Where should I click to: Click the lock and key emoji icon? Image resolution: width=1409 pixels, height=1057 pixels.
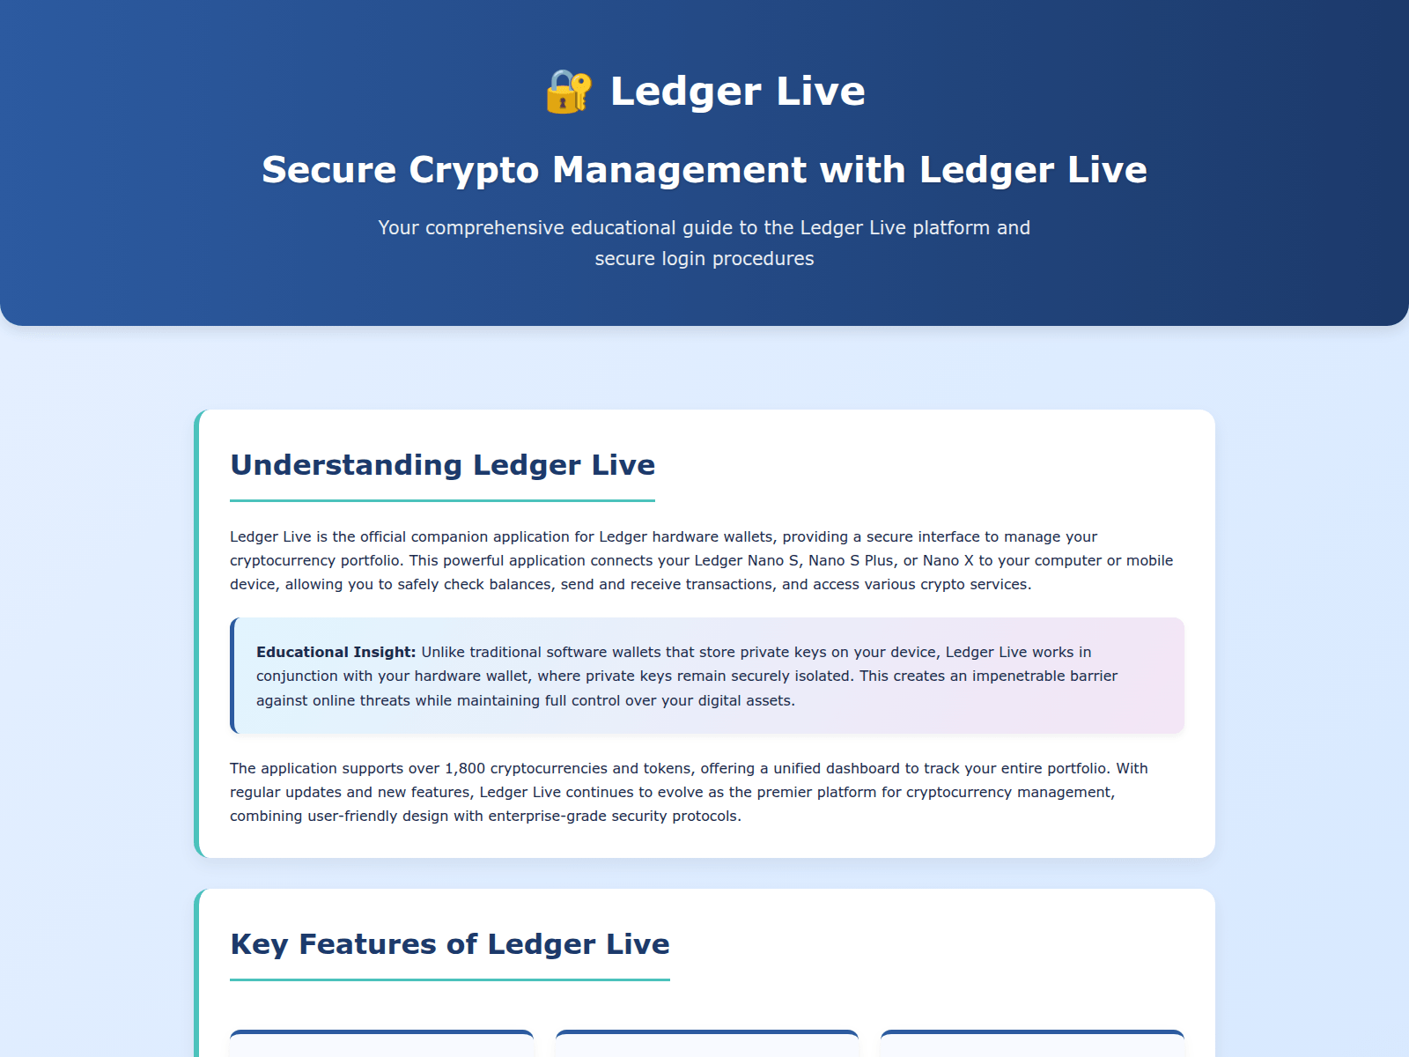[x=569, y=92]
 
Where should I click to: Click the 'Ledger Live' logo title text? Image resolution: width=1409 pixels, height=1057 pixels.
[x=738, y=92]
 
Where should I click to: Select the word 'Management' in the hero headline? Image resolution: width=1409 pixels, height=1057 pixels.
[x=679, y=170]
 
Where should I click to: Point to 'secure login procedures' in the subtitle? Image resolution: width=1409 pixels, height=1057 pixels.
[x=704, y=259]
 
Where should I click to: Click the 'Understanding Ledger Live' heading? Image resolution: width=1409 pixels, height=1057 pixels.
[x=442, y=465]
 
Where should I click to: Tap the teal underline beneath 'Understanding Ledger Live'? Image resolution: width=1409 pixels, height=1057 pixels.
[x=442, y=500]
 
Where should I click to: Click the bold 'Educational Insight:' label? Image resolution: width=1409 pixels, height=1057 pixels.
[x=336, y=652]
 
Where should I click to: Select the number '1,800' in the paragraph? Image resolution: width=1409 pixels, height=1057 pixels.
[x=465, y=768]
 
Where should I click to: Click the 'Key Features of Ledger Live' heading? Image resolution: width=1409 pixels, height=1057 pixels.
[x=449, y=944]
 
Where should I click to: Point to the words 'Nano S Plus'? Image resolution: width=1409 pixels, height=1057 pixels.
[x=851, y=560]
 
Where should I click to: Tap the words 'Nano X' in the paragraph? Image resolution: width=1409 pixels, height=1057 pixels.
[x=948, y=560]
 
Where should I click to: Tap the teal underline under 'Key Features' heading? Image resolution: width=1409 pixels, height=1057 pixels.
[x=449, y=980]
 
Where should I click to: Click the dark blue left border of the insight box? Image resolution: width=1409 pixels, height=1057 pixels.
[x=232, y=676]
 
